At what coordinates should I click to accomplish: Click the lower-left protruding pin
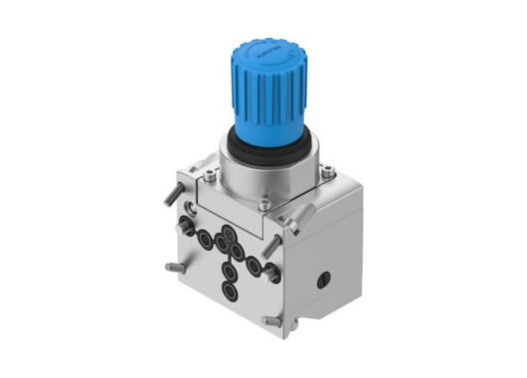(171, 266)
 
